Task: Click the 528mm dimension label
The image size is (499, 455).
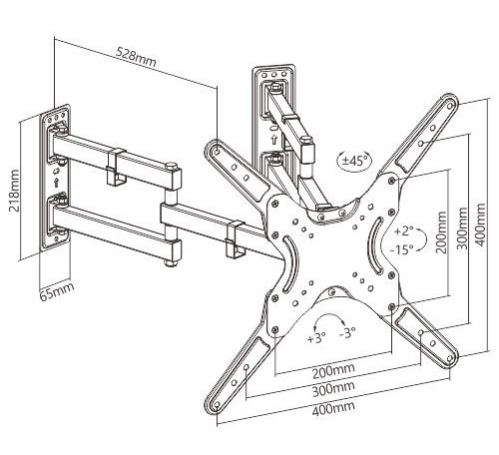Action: tap(136, 58)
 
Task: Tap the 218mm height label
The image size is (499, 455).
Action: tap(14, 191)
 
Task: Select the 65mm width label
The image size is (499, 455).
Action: tap(57, 291)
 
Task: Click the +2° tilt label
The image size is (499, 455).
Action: tap(403, 230)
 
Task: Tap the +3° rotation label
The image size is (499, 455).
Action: tap(316, 338)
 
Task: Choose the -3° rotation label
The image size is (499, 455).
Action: tap(347, 332)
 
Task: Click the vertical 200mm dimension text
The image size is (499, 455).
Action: tap(441, 232)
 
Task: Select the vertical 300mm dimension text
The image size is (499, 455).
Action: tap(461, 228)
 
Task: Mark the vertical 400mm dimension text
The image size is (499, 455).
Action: tap(480, 225)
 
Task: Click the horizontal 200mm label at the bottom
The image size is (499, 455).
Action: tap(333, 370)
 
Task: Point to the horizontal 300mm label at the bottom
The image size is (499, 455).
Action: tap(333, 388)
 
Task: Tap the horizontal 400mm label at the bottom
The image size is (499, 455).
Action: tap(333, 408)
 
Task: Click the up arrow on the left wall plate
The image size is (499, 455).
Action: tap(56, 183)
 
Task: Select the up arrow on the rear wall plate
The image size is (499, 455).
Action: tap(274, 140)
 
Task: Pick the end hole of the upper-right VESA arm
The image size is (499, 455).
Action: tap(450, 106)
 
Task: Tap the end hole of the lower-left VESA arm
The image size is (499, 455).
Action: tap(218, 405)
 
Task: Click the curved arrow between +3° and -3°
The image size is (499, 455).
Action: tap(329, 316)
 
